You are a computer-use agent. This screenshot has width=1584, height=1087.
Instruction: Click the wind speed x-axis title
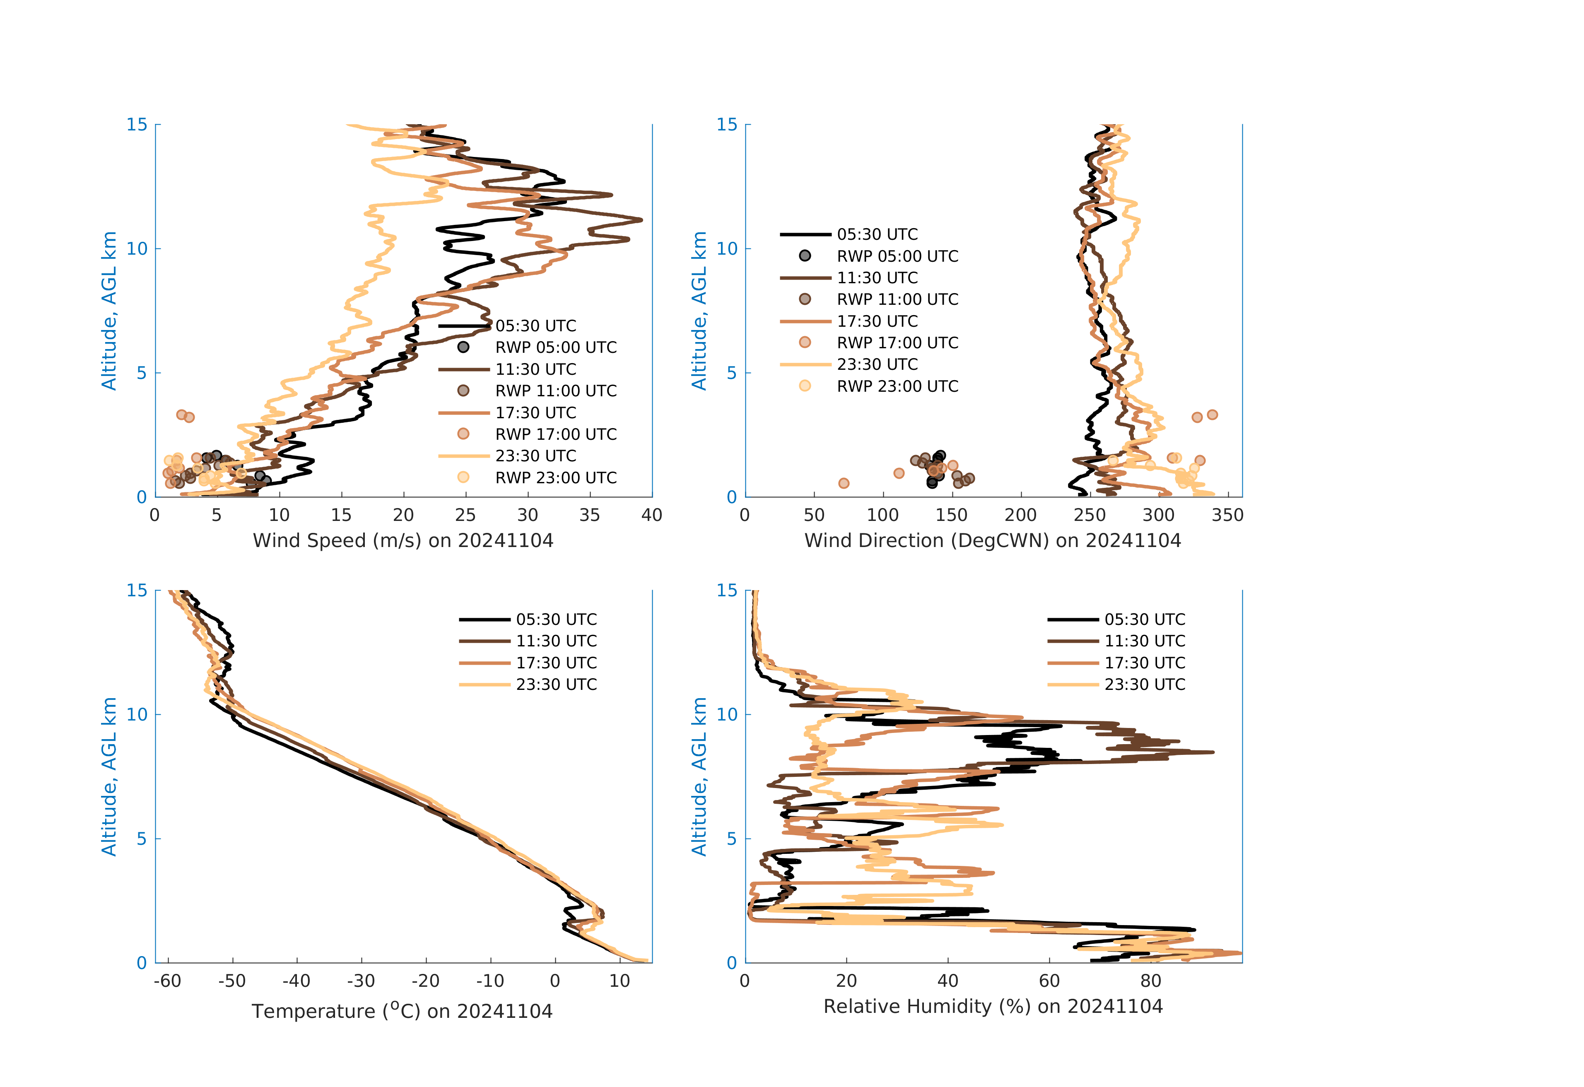(x=403, y=540)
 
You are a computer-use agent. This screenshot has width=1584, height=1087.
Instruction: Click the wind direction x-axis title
(x=992, y=540)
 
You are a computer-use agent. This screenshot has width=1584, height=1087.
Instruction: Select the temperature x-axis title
(x=402, y=1011)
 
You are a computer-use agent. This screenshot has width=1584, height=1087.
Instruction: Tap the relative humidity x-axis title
(x=992, y=1007)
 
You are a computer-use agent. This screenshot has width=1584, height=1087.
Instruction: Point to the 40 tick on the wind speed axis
(x=651, y=515)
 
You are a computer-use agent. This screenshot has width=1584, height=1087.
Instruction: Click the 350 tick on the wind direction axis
(x=1227, y=515)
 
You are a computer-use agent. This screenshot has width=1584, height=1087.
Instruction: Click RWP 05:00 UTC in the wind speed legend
(x=555, y=347)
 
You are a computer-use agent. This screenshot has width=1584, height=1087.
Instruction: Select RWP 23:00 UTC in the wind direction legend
(x=897, y=386)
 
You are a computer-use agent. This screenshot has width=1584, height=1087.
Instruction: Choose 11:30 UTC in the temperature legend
(x=556, y=641)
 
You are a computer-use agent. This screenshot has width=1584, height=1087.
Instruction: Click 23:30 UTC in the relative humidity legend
(x=1144, y=685)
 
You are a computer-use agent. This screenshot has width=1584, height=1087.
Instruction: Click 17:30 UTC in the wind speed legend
(x=536, y=413)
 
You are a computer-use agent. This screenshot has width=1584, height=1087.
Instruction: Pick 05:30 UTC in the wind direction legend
(x=877, y=234)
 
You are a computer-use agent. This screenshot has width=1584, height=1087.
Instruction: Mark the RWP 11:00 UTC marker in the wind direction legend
(x=805, y=299)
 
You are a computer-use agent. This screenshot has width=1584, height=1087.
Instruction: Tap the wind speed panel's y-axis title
(x=109, y=311)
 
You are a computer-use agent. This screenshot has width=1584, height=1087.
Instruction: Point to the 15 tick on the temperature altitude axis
(x=137, y=590)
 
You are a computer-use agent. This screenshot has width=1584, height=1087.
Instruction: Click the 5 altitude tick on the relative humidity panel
(x=731, y=839)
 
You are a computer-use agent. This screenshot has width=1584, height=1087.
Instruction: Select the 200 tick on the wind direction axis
(x=1020, y=515)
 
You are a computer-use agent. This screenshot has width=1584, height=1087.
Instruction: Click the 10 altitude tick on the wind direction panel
(x=727, y=249)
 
